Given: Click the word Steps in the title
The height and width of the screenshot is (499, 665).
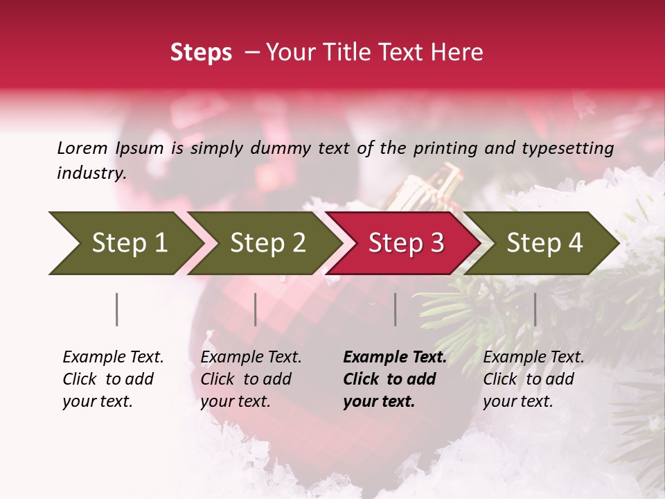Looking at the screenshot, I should click(x=201, y=53).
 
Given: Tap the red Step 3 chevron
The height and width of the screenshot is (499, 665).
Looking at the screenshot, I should click(x=405, y=243).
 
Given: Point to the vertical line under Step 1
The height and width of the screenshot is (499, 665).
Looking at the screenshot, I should click(x=117, y=309).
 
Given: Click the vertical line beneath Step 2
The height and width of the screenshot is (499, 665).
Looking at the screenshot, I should click(x=256, y=309).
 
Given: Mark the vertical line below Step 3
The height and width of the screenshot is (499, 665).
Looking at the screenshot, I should click(x=396, y=309).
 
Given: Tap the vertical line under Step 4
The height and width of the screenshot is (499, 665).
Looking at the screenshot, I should click(x=535, y=309).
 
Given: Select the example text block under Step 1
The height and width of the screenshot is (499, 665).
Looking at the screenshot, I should click(x=113, y=379).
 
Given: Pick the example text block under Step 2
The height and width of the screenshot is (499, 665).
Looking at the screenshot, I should click(x=251, y=379).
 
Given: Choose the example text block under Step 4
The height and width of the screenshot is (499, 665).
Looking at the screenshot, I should click(x=533, y=379).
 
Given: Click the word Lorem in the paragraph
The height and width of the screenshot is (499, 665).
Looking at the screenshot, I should click(x=82, y=148).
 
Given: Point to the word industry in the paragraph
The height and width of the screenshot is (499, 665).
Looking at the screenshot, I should click(x=91, y=173).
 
